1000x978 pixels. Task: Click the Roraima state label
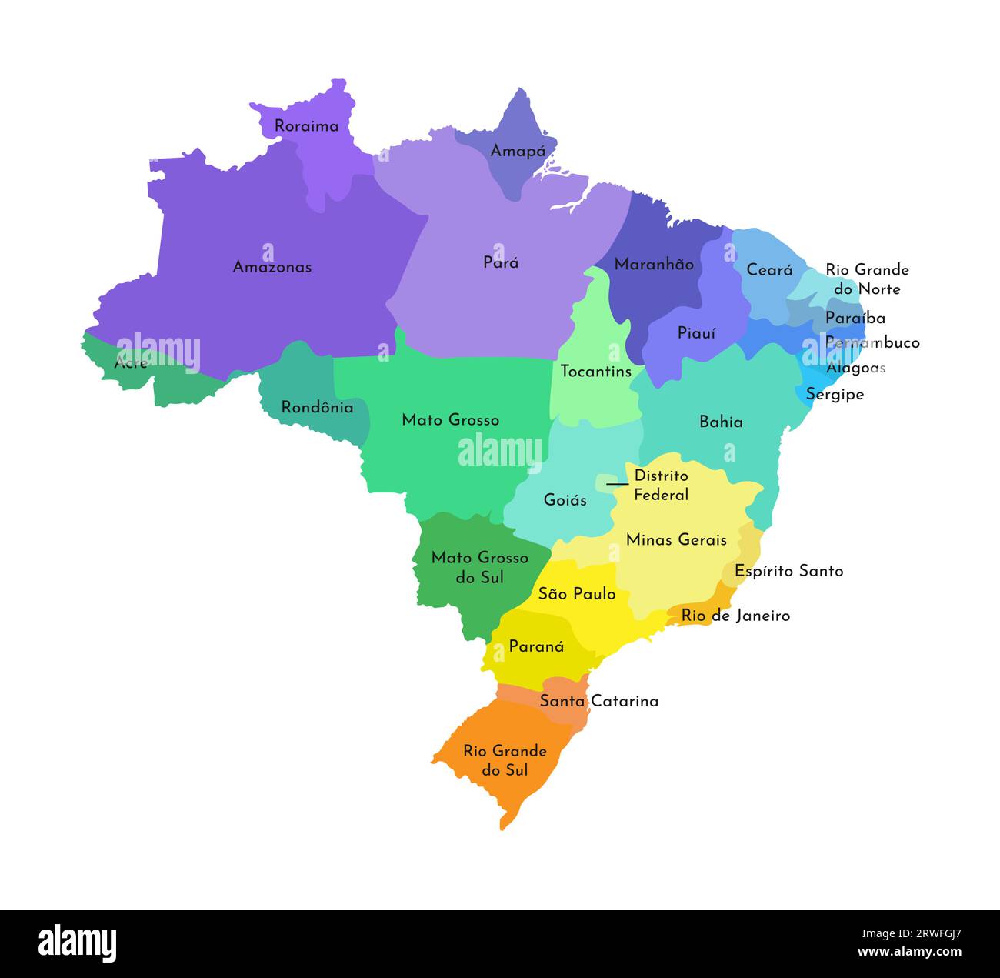coord(306,126)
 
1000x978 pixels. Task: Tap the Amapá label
coord(518,152)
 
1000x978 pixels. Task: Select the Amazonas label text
coord(272,267)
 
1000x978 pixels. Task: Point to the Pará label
coord(501,262)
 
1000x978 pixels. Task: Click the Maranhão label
coord(654,265)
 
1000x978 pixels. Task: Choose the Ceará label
coord(769,270)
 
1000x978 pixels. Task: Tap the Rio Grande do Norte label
coord(867,279)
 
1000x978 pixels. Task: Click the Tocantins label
coord(595,372)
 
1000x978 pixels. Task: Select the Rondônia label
coord(317,407)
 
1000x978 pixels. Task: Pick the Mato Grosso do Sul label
coord(479,567)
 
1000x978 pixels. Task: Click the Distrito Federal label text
coord(661,486)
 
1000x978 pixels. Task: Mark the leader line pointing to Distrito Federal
coord(617,484)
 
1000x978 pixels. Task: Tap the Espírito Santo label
coord(788,571)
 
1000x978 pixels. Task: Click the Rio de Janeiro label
coord(735,616)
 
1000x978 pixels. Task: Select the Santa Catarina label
coord(598,701)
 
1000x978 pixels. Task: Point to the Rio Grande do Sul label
coord(505,760)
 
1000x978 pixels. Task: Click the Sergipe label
coord(835,394)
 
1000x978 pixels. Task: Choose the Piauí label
coord(696,333)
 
